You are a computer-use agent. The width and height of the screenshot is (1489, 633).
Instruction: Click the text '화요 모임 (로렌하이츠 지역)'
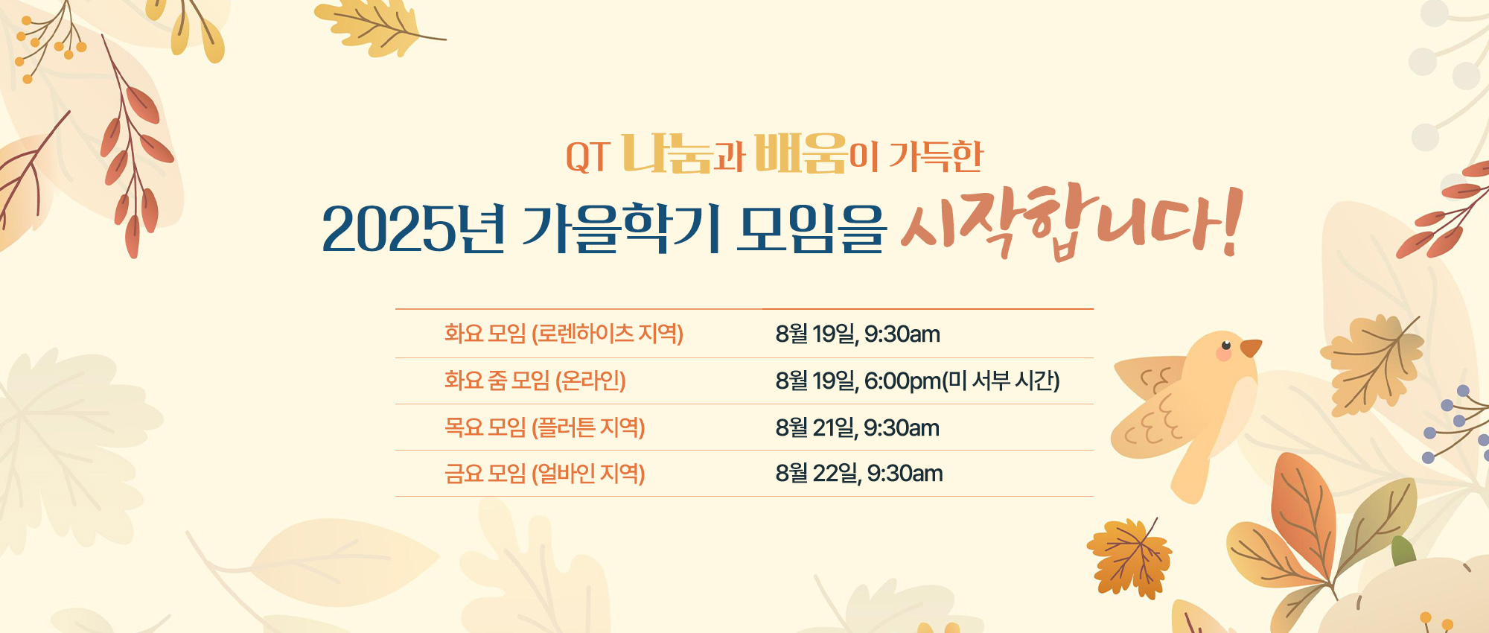point(564,334)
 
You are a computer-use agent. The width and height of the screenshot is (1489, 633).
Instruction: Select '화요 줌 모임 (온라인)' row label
point(535,381)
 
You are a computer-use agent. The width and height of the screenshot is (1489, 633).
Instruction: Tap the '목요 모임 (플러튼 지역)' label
point(544,427)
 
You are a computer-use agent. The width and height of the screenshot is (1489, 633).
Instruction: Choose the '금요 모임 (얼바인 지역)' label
point(544,474)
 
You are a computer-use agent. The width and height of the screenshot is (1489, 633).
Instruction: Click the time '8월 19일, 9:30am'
point(858,334)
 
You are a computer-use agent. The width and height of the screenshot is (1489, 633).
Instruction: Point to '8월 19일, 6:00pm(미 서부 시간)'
point(917,381)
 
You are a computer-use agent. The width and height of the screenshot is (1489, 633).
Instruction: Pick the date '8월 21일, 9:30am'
point(857,428)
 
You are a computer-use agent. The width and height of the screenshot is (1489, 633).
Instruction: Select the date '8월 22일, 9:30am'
point(859,474)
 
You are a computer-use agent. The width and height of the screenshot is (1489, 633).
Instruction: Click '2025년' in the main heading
point(414,229)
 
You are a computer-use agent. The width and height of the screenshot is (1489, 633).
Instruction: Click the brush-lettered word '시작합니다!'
point(1071,221)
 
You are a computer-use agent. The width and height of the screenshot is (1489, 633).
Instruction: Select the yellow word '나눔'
point(666,153)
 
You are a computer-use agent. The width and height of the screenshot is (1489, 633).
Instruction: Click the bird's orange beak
point(1250,348)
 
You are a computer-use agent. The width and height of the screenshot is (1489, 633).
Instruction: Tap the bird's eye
point(1225,345)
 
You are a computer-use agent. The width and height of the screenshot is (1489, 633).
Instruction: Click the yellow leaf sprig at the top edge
point(380,26)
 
